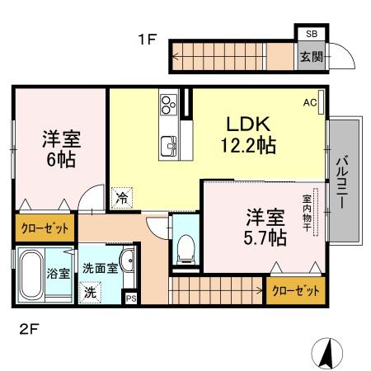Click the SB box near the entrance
click(x=310, y=33)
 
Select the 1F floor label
click(x=146, y=39)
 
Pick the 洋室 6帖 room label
click(x=59, y=148)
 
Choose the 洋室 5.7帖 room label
click(x=265, y=228)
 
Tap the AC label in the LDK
click(x=310, y=102)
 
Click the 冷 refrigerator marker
click(x=121, y=197)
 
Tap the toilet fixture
click(x=185, y=246)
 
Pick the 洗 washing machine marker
click(x=89, y=291)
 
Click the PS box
click(x=130, y=298)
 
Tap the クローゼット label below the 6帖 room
click(x=44, y=227)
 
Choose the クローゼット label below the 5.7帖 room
click(x=296, y=291)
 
